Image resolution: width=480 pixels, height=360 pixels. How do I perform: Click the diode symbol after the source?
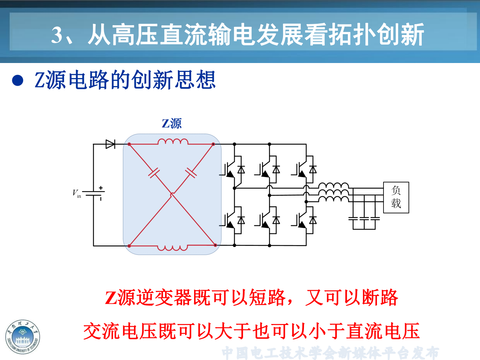110,144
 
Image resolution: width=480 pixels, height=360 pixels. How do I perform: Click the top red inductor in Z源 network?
173,141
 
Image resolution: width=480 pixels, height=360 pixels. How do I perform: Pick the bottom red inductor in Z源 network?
173,248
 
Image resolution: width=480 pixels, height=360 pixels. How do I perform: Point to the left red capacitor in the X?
154,173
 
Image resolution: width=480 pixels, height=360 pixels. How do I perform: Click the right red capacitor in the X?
191,173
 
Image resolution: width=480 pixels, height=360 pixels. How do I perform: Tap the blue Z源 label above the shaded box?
172,123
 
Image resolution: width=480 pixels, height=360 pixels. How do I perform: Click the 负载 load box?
396,197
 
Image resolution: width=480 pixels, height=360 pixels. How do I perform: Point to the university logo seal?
23,337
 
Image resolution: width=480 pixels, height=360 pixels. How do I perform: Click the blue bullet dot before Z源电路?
18,80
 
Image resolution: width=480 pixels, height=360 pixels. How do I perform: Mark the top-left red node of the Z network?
129,144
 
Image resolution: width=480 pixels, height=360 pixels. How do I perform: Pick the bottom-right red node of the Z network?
215,245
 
